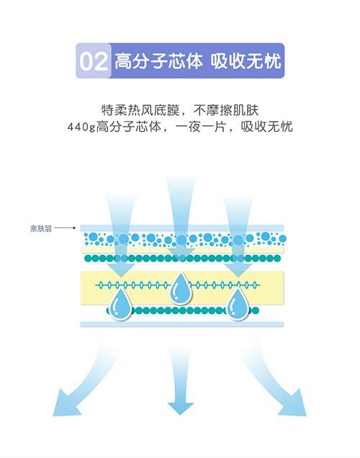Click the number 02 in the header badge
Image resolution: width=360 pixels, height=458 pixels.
tap(94, 61)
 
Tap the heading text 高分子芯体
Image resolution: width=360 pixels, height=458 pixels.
tap(158, 61)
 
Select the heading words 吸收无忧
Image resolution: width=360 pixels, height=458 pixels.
tap(246, 61)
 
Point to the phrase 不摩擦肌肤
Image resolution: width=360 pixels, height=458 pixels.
tap(226, 110)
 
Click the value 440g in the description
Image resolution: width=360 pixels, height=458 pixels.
tap(81, 127)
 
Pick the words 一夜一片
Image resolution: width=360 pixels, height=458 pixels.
tap(201, 127)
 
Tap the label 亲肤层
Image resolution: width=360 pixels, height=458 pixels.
tap(41, 228)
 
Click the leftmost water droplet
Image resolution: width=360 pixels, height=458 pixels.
tap(120, 304)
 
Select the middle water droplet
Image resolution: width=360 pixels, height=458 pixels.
tap(181, 288)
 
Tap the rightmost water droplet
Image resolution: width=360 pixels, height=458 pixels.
tap(238, 304)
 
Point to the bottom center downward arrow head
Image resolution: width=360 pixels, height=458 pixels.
tap(180, 408)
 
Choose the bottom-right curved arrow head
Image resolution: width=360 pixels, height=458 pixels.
tap(294, 404)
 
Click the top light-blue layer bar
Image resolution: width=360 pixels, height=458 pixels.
tap(182, 228)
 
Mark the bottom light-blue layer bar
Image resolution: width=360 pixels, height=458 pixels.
tap(182, 324)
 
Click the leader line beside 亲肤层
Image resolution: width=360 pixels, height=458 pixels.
tap(65, 228)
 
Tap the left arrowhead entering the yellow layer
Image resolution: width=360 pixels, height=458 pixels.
tap(121, 270)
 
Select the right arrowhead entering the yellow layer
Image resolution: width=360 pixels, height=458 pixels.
tap(238, 270)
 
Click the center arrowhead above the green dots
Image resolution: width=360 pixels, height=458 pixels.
tap(181, 253)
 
